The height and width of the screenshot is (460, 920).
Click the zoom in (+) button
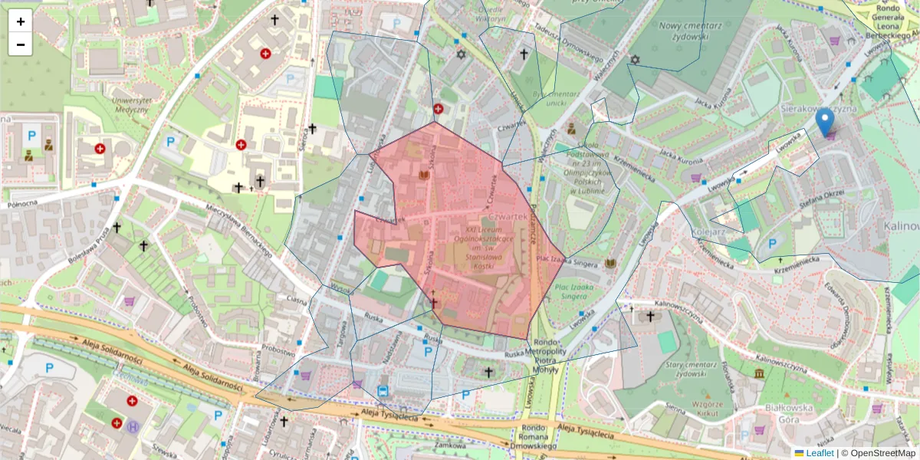click(21, 21)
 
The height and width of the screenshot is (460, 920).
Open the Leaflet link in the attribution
click(820, 453)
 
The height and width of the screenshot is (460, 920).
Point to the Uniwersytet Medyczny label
click(119, 105)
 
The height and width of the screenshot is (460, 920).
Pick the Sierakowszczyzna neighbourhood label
click(816, 110)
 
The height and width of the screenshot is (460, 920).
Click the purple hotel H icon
click(133, 427)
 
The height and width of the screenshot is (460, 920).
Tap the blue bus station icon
click(383, 391)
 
